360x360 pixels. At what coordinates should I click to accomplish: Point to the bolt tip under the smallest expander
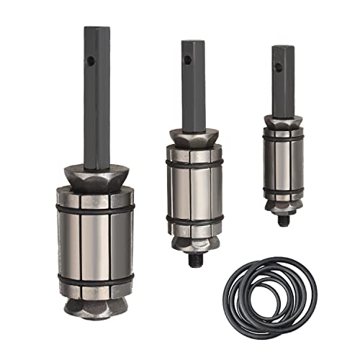pyautogui.click(x=284, y=215)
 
